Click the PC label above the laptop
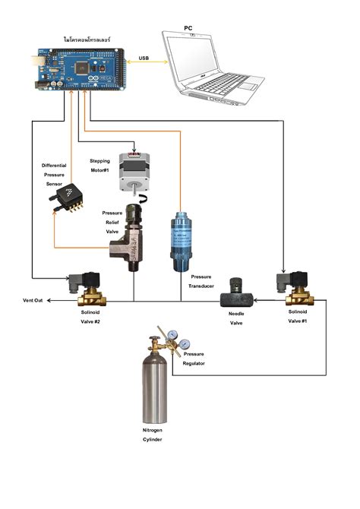[x=188, y=28]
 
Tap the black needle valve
[x=235, y=288]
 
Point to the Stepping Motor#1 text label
[x=100, y=166]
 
